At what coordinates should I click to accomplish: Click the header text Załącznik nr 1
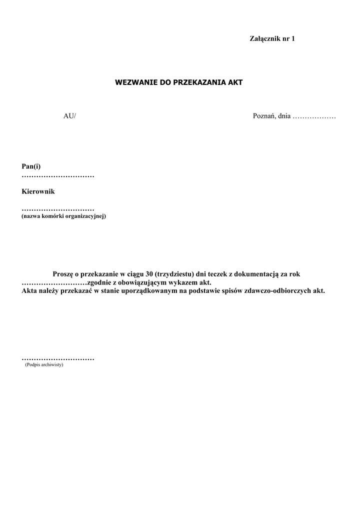pyautogui.click(x=272, y=38)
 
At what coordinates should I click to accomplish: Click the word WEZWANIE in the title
pyautogui.click(x=136, y=82)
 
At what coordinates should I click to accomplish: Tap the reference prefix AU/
pyautogui.click(x=69, y=116)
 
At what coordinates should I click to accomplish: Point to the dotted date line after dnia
pyautogui.click(x=314, y=117)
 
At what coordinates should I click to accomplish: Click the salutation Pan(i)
pyautogui.click(x=31, y=166)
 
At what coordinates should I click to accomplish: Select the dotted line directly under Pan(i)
pyautogui.click(x=58, y=176)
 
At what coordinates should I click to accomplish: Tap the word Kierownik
pyautogui.click(x=38, y=191)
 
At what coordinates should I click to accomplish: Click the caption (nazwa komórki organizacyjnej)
pyautogui.click(x=63, y=216)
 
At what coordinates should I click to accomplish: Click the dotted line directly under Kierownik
pyautogui.click(x=58, y=208)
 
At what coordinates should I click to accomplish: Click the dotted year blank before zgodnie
pyautogui.click(x=54, y=282)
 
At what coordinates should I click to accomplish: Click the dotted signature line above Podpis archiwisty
pyautogui.click(x=58, y=358)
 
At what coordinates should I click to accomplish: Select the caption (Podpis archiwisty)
pyautogui.click(x=44, y=365)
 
